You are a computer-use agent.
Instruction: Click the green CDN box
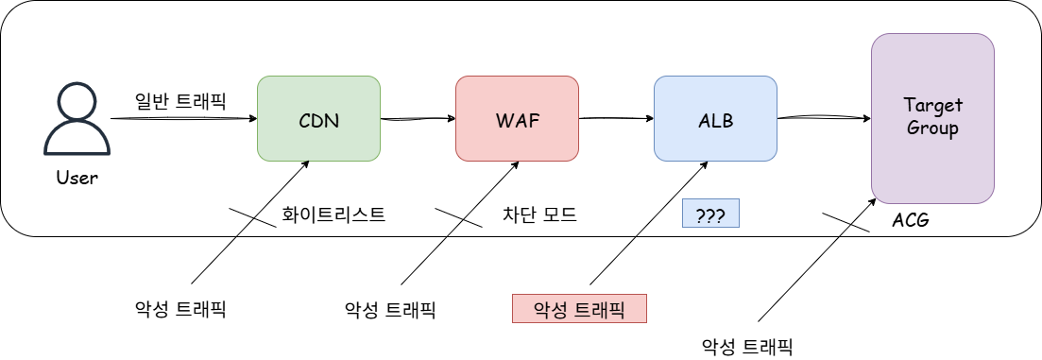click(318, 118)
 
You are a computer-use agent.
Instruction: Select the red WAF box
click(517, 118)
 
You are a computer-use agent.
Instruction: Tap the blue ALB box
click(715, 118)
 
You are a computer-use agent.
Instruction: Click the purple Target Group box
click(932, 118)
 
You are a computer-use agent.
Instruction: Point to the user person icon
click(77, 118)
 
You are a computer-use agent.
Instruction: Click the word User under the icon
click(77, 177)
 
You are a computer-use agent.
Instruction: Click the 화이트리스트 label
click(333, 214)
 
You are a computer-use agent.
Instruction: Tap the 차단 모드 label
click(539, 214)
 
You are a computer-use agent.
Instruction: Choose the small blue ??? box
click(710, 214)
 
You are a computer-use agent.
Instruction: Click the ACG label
click(911, 221)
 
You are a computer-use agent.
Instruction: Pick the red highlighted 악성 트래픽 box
click(579, 309)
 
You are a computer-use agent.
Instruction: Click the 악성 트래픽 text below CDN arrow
click(180, 309)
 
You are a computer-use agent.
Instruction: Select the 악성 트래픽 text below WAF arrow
click(390, 309)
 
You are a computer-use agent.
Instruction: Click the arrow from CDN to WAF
click(418, 119)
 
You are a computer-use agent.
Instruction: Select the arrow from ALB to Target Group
click(823, 118)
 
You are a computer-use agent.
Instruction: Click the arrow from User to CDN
click(183, 119)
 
